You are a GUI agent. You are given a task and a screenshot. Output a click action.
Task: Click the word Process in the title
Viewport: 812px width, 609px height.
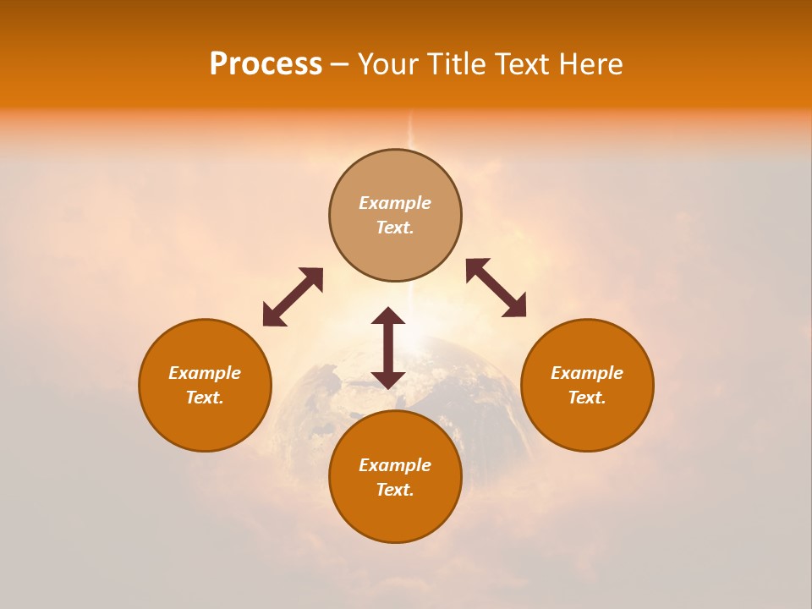click(266, 64)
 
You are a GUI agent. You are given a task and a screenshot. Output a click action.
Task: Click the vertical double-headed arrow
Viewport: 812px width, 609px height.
click(388, 348)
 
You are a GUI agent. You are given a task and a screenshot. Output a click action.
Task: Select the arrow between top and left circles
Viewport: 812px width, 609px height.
click(293, 297)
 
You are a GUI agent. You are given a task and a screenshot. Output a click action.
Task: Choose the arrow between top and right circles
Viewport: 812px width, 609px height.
click(496, 288)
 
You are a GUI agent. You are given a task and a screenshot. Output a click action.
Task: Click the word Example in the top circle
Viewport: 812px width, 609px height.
click(395, 203)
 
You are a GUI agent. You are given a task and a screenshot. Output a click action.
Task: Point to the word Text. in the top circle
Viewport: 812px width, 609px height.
click(395, 228)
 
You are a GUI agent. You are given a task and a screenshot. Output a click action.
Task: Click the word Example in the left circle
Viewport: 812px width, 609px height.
click(205, 373)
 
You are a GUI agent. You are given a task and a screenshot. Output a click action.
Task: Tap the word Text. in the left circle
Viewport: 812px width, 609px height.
click(205, 398)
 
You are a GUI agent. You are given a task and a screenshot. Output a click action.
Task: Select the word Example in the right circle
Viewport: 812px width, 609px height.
click(587, 373)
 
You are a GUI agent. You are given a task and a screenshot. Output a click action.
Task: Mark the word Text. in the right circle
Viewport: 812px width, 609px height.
click(587, 398)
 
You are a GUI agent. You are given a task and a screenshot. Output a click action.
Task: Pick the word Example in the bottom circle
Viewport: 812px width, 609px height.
click(395, 465)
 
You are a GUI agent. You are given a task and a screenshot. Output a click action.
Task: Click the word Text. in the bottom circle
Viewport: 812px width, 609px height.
click(395, 490)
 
